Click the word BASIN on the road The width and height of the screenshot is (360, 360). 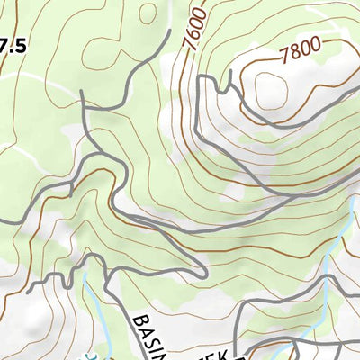pyautogui.click(x=152, y=335)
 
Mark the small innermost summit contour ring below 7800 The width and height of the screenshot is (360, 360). pyautogui.click(x=270, y=88)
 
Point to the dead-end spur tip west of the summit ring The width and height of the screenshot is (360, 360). pyautogui.click(x=197, y=77)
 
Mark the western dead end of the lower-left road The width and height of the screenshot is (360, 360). pyautogui.click(x=29, y=292)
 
